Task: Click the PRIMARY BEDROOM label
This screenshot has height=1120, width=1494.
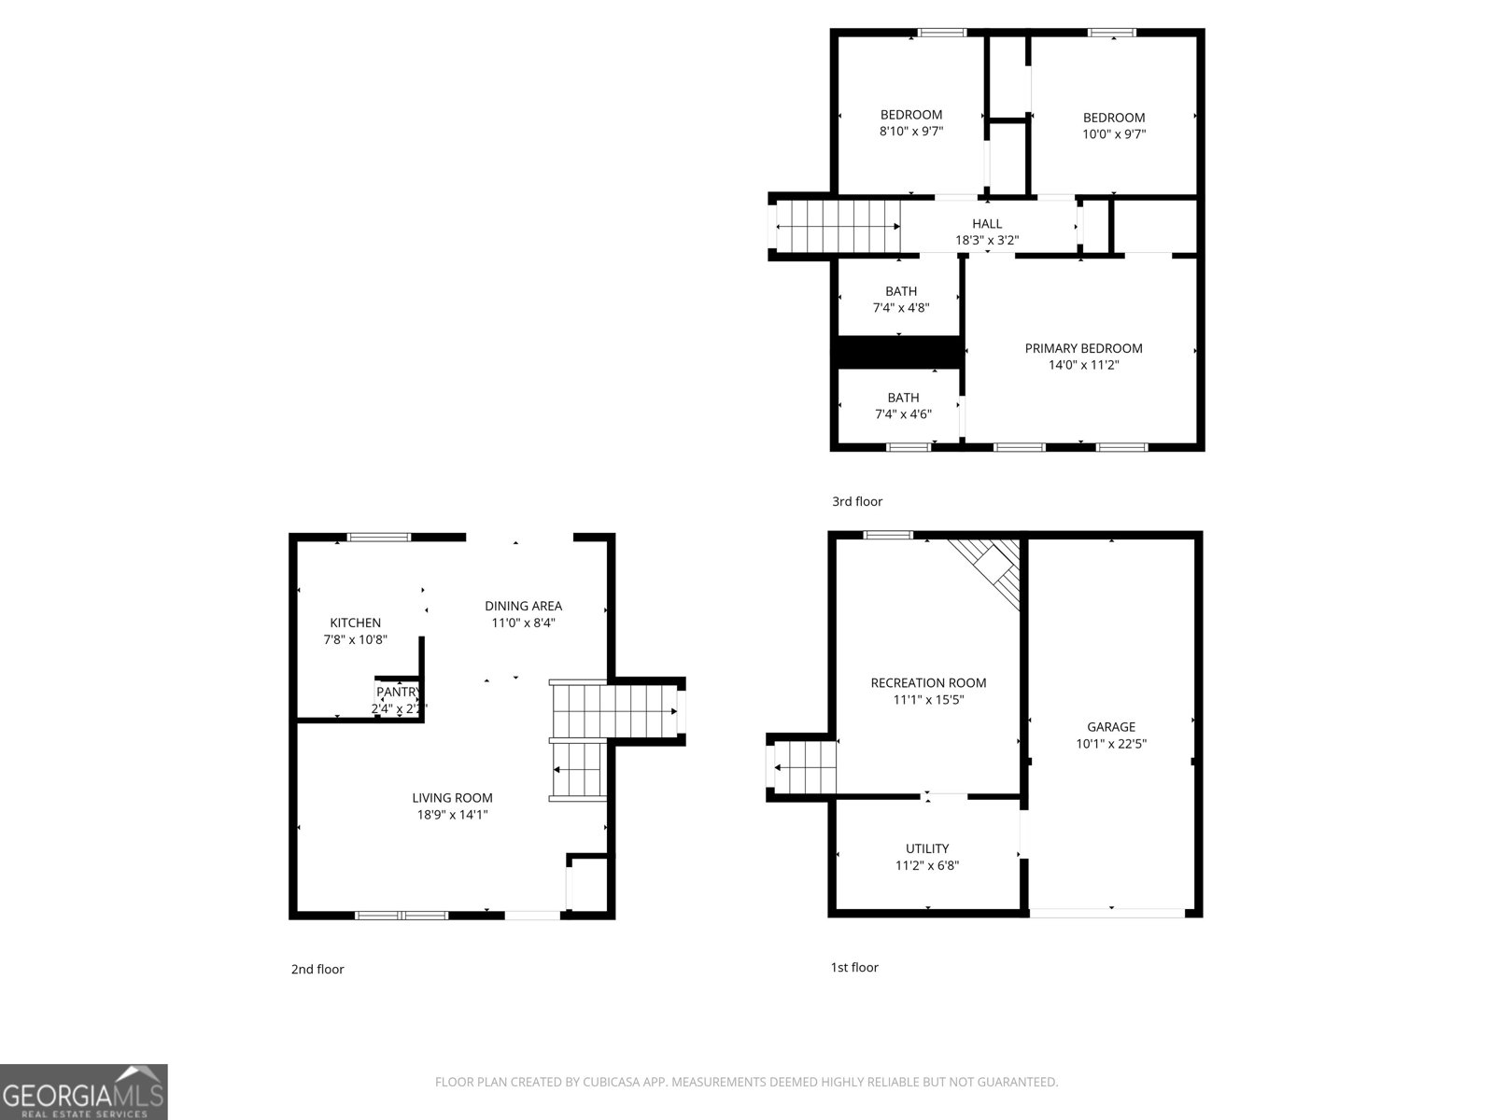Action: click(x=1083, y=348)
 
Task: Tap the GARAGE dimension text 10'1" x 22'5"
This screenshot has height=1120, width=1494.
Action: click(x=1111, y=744)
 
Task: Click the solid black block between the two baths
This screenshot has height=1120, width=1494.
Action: click(x=898, y=352)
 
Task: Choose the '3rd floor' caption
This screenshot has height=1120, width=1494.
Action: click(x=857, y=501)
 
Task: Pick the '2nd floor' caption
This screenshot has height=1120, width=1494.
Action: click(x=317, y=969)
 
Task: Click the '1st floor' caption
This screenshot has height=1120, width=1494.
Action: click(x=854, y=967)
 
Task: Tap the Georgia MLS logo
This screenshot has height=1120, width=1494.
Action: click(x=84, y=1092)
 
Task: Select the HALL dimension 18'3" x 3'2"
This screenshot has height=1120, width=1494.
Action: click(x=986, y=240)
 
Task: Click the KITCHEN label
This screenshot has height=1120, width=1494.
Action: click(x=355, y=623)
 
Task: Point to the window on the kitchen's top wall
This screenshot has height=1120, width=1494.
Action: click(x=378, y=537)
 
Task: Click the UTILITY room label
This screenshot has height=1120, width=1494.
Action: click(x=927, y=848)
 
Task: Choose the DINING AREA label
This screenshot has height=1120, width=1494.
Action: click(x=523, y=606)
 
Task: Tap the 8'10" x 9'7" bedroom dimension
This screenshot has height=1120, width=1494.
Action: click(x=911, y=132)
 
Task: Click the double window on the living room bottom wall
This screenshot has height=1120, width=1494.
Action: click(x=402, y=916)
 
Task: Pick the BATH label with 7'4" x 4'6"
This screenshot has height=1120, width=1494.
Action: click(x=903, y=398)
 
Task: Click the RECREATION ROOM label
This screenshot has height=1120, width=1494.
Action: click(x=928, y=682)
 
